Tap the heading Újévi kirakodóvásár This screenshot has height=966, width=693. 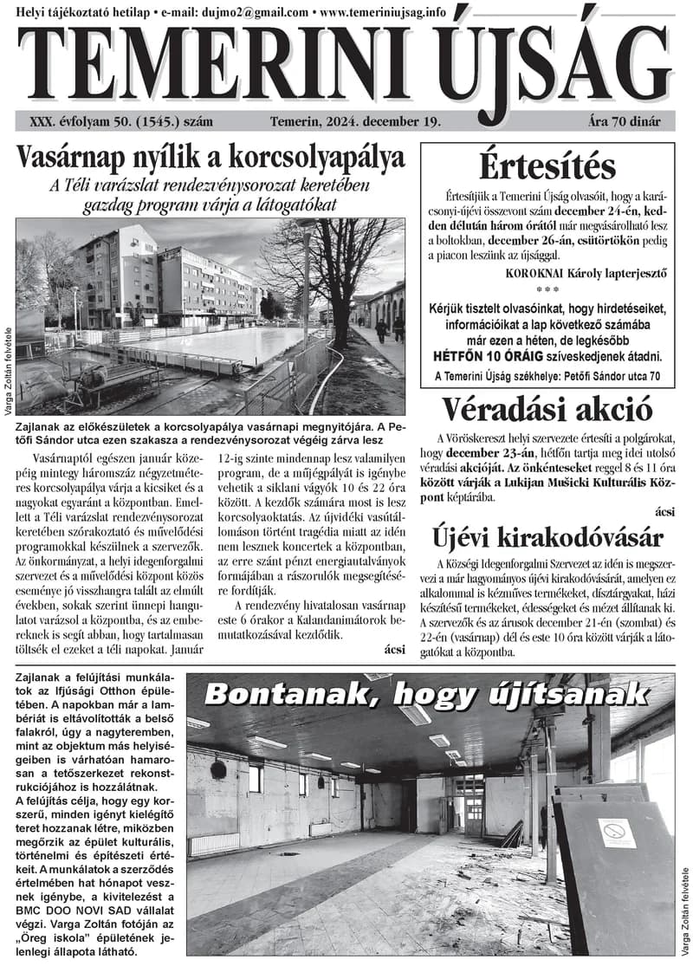548,538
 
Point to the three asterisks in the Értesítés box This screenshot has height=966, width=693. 547,289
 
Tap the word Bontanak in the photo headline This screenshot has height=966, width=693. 290,695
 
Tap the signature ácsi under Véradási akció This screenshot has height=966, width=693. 664,512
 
